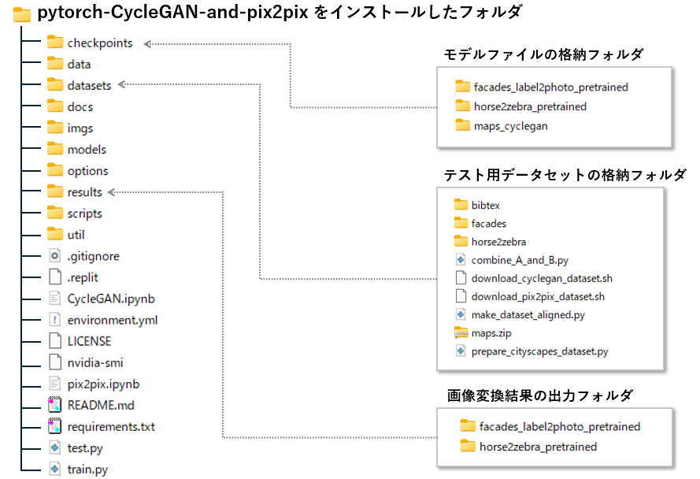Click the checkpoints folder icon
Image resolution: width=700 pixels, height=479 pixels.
(x=55, y=42)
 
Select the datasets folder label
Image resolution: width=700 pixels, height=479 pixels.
(x=89, y=85)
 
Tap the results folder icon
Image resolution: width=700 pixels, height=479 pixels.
(x=55, y=191)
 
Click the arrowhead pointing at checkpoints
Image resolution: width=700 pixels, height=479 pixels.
(x=148, y=44)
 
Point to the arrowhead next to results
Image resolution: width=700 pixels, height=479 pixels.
(x=112, y=192)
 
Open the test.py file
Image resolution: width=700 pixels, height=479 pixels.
(x=85, y=448)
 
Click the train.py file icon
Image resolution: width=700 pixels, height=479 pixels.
(x=54, y=469)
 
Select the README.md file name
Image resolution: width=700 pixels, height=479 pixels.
(x=101, y=405)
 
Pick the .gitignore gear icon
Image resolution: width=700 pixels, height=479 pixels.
(x=54, y=255)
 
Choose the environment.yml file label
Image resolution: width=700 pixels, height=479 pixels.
(x=113, y=320)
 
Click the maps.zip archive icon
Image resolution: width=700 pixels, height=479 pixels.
(x=461, y=332)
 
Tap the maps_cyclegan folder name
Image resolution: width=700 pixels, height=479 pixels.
(x=511, y=127)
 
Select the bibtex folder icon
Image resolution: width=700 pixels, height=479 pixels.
(x=461, y=204)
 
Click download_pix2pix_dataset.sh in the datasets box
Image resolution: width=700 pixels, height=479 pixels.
(x=538, y=297)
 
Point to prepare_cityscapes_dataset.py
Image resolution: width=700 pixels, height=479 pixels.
(x=539, y=351)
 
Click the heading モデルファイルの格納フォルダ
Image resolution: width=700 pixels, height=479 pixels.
(x=543, y=54)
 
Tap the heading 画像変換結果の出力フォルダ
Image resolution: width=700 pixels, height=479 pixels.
(x=539, y=395)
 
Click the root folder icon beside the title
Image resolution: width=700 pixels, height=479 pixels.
(x=21, y=14)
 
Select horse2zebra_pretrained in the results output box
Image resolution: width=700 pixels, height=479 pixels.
(x=538, y=447)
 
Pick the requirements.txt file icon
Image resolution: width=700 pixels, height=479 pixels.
(x=54, y=426)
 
